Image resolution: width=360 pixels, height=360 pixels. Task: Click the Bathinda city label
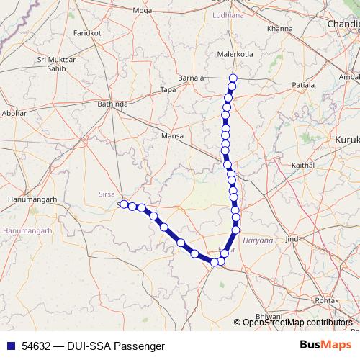tap(112, 104)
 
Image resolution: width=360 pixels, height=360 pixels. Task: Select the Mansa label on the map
tap(173, 135)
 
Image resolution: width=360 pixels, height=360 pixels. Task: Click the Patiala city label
tap(305, 84)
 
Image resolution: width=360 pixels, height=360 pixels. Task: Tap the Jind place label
tap(292, 238)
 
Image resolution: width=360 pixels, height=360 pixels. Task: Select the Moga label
tap(143, 10)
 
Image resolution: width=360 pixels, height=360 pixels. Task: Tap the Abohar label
tap(14, 113)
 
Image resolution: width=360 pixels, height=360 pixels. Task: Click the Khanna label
tap(279, 28)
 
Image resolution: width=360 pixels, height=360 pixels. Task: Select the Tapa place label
tap(168, 89)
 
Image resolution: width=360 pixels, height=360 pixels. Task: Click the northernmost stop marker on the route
tap(233, 78)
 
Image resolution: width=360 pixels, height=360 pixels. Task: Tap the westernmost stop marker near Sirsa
tap(124, 204)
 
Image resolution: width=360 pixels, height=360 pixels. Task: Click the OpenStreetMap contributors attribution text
tap(297, 322)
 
